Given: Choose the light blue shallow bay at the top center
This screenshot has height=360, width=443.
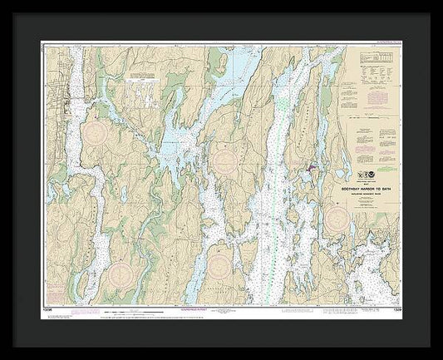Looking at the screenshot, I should coord(237,62).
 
